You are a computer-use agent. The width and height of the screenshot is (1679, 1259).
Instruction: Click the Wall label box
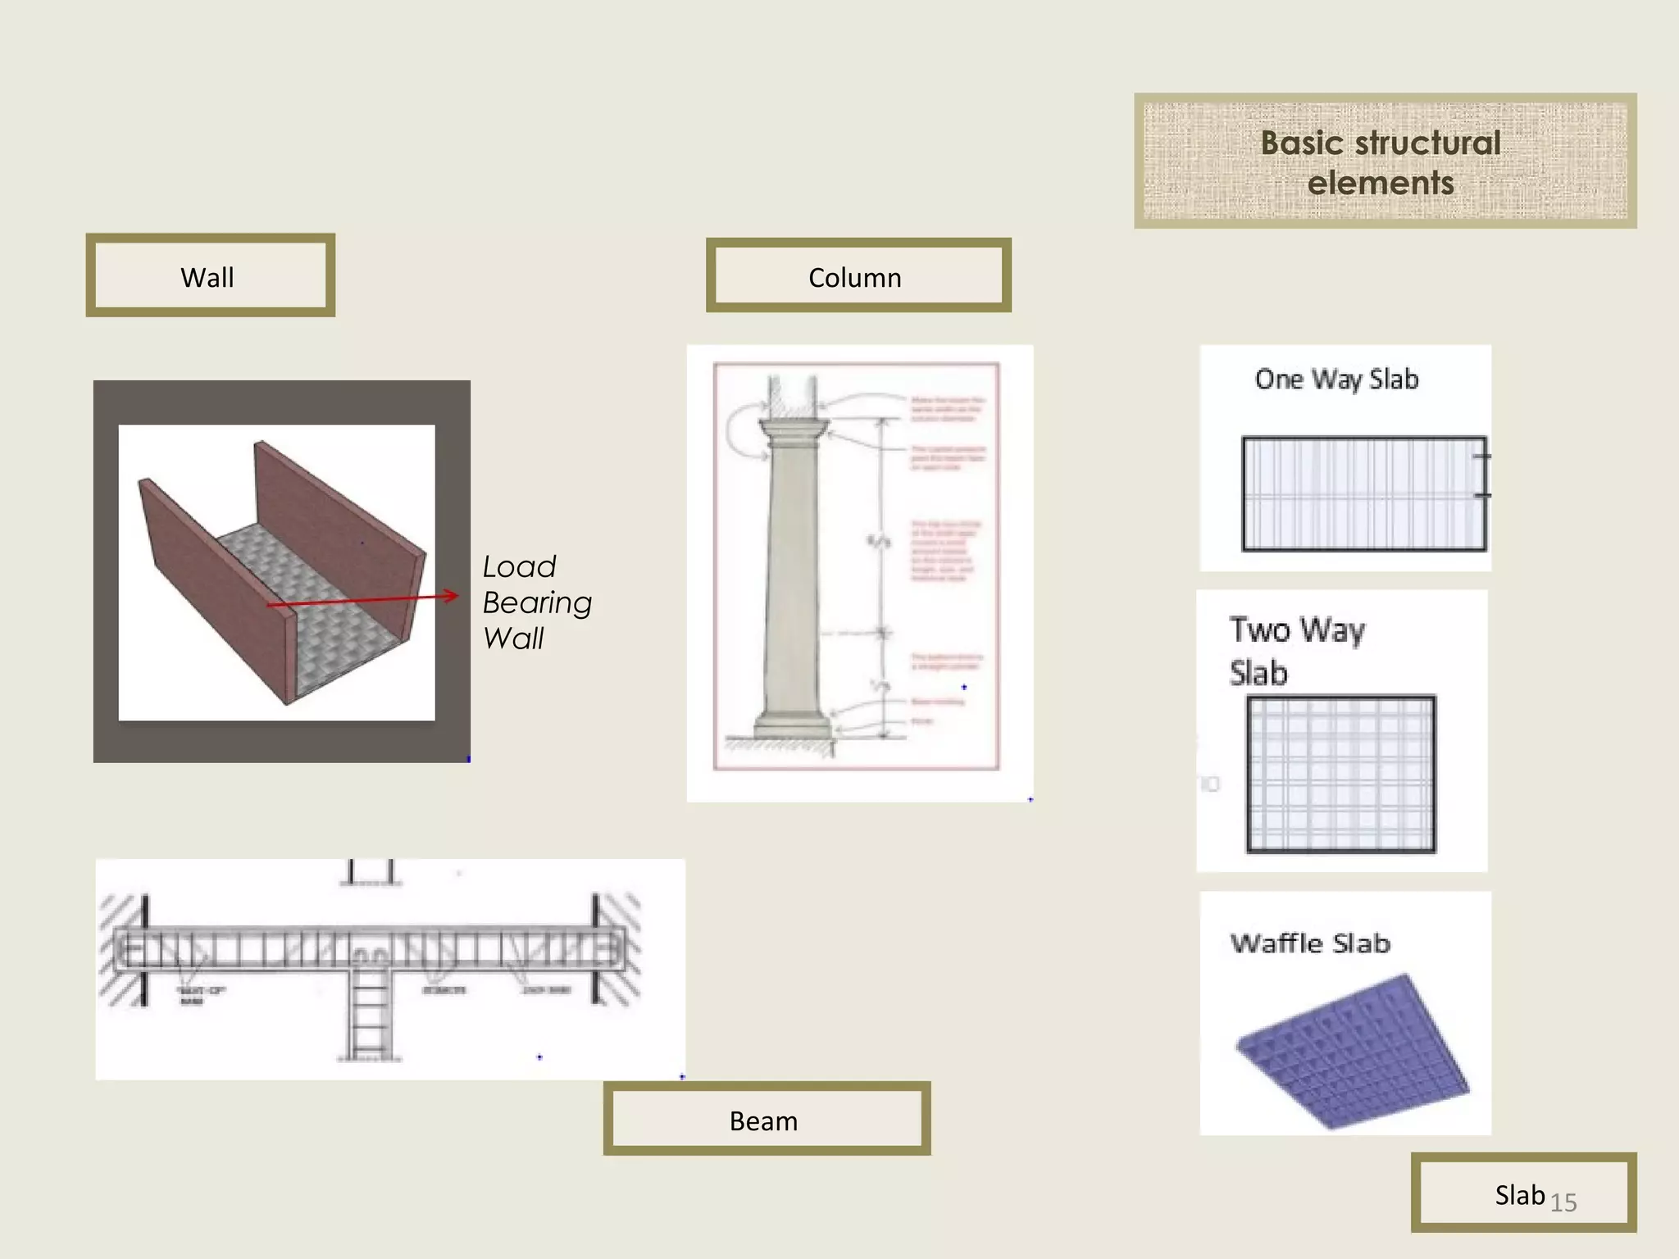pos(210,276)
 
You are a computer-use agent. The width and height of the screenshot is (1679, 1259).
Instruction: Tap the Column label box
pos(858,276)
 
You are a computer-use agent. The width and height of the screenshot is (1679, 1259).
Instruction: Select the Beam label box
pos(766,1120)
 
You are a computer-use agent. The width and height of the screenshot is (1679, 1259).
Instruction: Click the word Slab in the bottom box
pos(1519,1195)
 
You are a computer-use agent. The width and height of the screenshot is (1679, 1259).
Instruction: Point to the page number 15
pos(1563,1202)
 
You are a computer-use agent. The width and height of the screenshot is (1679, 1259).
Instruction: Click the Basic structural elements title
pos(1383,161)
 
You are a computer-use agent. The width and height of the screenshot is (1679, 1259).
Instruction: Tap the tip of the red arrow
pos(456,596)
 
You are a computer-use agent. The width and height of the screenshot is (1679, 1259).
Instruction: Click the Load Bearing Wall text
pos(536,602)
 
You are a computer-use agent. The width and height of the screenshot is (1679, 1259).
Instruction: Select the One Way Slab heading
pos(1336,380)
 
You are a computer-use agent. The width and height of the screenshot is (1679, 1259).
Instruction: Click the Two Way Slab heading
pos(1297,651)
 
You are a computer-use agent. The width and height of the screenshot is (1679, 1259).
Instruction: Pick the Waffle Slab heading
pos(1310,943)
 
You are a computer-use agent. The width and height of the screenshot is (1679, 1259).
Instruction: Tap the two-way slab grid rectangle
pos(1340,775)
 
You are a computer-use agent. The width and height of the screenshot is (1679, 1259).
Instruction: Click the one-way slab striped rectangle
pos(1363,493)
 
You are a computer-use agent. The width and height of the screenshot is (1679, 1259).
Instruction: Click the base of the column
pos(793,726)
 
